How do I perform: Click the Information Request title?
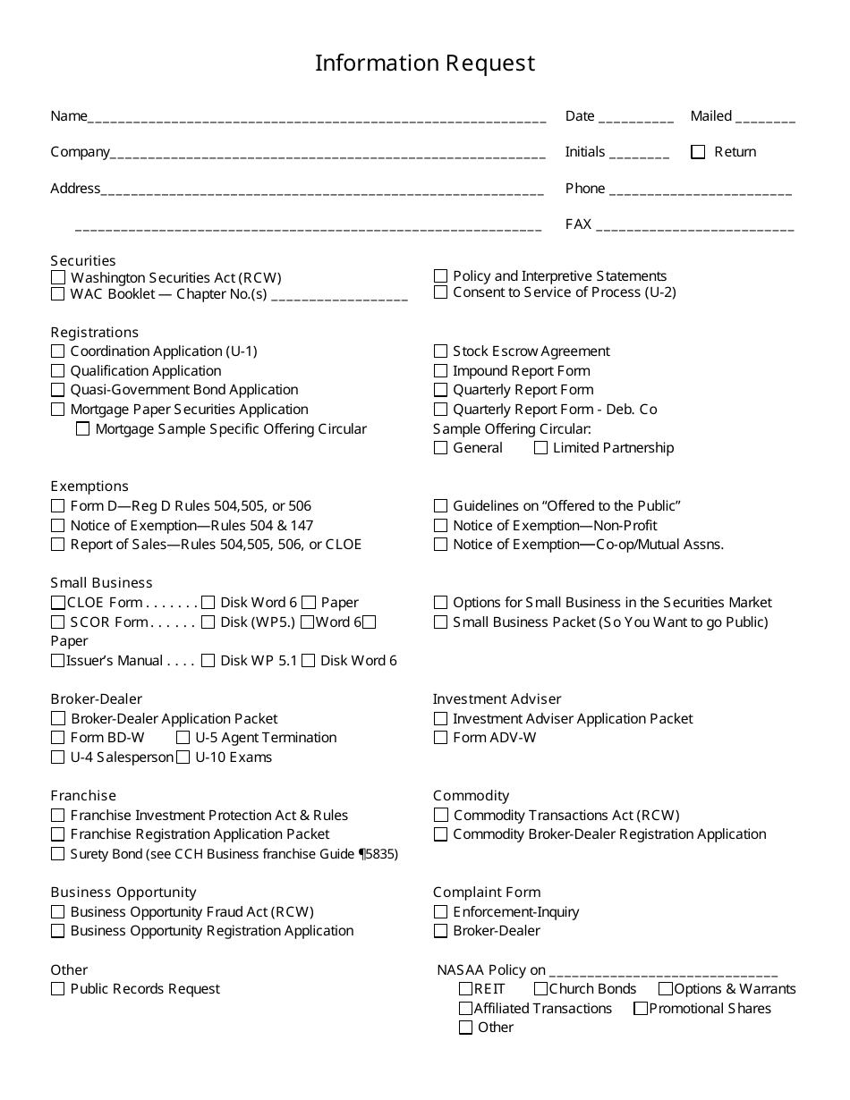tap(425, 63)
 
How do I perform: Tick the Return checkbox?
tap(698, 152)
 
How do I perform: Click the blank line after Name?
tap(317, 117)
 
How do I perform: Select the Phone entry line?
tap(700, 190)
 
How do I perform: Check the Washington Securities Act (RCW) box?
tap(58, 278)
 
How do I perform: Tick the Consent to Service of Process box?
tap(440, 292)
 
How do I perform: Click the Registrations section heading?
tap(94, 333)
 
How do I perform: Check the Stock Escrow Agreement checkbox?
tap(440, 351)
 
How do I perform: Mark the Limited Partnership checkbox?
tap(540, 448)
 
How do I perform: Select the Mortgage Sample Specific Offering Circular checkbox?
tap(82, 429)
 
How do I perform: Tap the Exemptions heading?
tap(89, 487)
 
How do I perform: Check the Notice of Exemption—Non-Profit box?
tap(440, 526)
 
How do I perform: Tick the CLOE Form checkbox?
tap(58, 603)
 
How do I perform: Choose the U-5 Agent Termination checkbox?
tap(183, 738)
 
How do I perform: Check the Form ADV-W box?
tap(440, 738)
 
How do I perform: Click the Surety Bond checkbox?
tap(58, 854)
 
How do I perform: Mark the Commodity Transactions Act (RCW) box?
tap(440, 816)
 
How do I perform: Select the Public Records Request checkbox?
tap(58, 989)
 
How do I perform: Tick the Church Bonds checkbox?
tap(540, 989)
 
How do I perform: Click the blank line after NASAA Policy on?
tap(663, 972)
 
